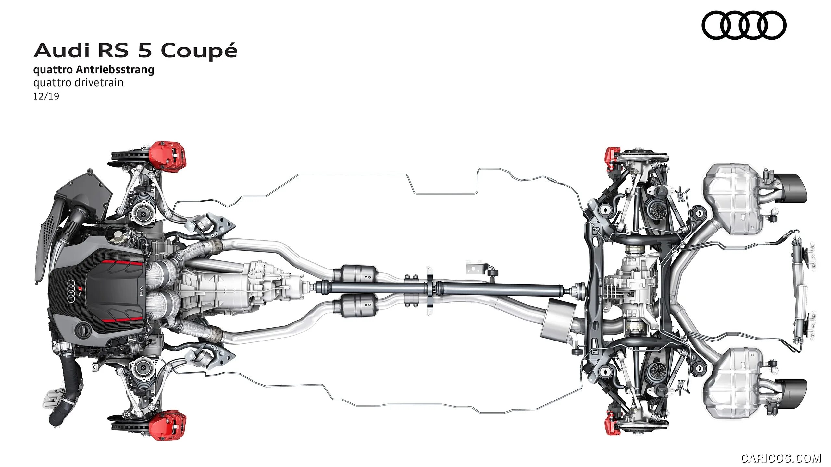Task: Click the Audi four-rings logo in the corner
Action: (744, 25)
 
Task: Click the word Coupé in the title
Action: (199, 51)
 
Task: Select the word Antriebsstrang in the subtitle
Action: (115, 70)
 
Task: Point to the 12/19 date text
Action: (46, 96)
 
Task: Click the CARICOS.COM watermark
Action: (781, 458)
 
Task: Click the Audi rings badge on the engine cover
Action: (72, 291)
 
